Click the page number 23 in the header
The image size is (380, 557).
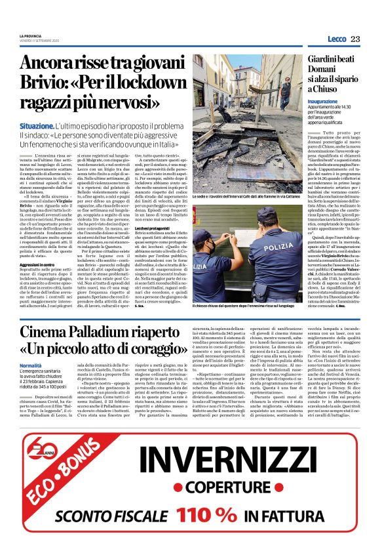point(355,39)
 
